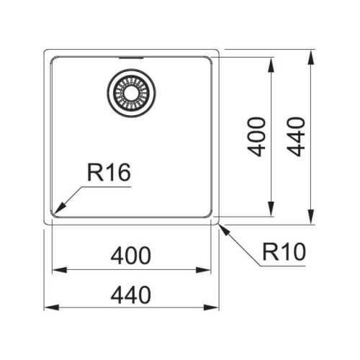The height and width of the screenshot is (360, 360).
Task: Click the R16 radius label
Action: (109, 172)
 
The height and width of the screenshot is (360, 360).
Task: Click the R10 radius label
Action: (284, 252)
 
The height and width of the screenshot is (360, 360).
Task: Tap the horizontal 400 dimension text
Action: (131, 256)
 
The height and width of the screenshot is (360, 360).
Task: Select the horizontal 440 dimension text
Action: (131, 295)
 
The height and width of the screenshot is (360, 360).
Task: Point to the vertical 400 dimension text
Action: (256, 137)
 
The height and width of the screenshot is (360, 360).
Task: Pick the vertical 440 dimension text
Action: (296, 137)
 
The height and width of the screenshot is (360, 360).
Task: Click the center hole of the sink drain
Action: (131, 93)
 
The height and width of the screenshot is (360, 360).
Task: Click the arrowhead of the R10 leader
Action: (225, 230)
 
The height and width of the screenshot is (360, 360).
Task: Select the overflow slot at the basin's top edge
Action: (131, 58)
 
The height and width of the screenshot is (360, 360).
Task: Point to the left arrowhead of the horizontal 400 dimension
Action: (60, 270)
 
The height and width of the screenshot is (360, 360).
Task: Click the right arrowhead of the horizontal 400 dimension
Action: (203, 270)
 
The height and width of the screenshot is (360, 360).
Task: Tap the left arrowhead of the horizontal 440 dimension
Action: (51, 307)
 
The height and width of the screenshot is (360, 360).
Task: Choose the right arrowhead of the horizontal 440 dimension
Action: (212, 307)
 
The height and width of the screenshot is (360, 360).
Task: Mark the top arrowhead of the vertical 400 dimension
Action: (271, 65)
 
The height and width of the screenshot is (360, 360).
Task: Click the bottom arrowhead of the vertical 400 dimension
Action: (271, 209)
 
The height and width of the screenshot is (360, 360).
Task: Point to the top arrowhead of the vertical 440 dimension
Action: (311, 57)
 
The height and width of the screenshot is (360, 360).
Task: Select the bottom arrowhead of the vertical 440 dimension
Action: (311, 217)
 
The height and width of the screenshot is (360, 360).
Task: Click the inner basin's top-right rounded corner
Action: (210, 58)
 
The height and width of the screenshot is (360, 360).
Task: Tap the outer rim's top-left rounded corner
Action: (45, 50)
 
